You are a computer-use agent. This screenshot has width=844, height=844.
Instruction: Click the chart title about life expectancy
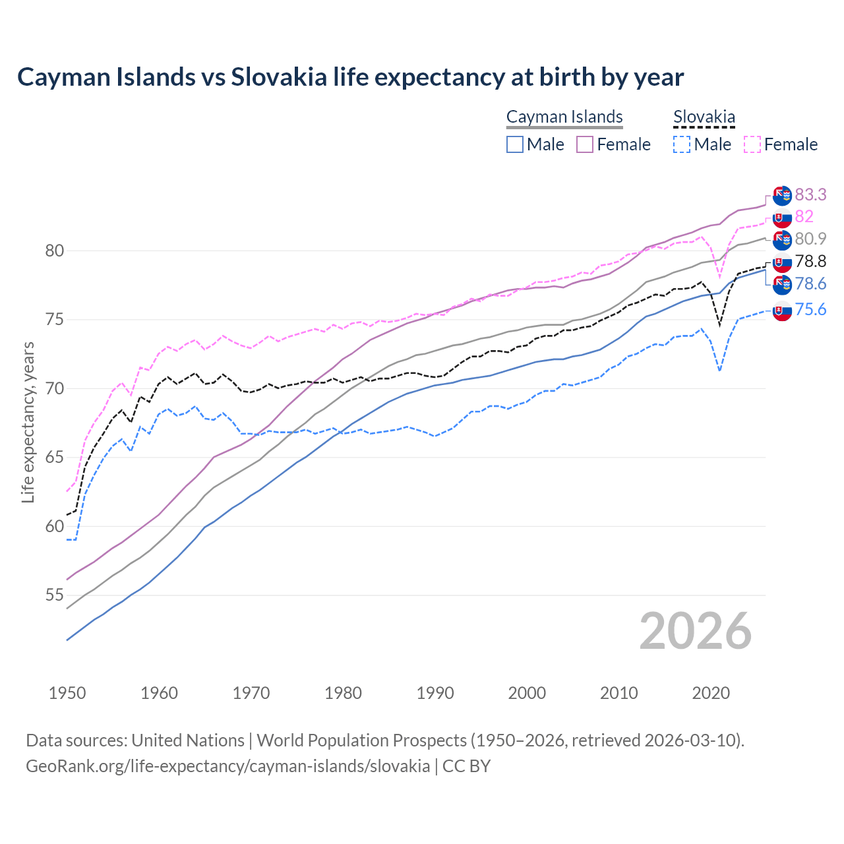click(x=350, y=77)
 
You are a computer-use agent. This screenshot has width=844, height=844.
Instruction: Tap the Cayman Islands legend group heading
click(x=564, y=117)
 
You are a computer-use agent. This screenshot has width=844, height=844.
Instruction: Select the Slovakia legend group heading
click(x=704, y=117)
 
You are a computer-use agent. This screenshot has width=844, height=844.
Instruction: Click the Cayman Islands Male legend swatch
click(x=515, y=144)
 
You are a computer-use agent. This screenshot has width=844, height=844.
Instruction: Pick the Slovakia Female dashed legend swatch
click(x=752, y=144)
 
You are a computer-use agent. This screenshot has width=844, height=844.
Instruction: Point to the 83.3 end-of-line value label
click(x=810, y=195)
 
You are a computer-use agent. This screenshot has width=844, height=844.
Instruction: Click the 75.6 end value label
click(x=810, y=309)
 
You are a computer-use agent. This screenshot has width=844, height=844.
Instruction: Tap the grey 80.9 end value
click(x=810, y=239)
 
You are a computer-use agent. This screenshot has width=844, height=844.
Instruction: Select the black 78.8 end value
click(x=810, y=261)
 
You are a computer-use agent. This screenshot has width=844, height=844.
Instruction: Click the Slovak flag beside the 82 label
click(x=782, y=218)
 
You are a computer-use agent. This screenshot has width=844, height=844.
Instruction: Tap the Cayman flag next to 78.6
click(x=782, y=285)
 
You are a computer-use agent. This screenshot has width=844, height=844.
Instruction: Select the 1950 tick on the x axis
click(x=67, y=693)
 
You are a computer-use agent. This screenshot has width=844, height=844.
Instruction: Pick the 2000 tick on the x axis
click(x=527, y=693)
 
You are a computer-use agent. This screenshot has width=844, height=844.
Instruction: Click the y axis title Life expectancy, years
click(x=28, y=422)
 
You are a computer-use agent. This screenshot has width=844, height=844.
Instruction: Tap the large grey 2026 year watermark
click(x=695, y=631)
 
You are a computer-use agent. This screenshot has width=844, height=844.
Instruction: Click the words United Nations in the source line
click(x=188, y=740)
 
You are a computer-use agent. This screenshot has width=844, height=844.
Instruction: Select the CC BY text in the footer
click(x=466, y=766)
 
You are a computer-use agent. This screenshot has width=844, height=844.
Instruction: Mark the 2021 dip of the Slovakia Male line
click(x=719, y=370)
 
